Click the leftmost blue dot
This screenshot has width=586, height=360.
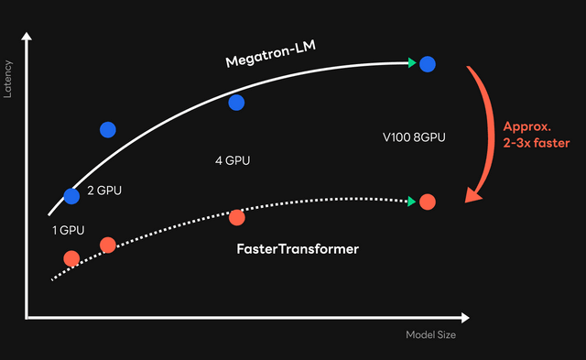(71, 195)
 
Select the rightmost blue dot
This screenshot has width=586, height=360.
(427, 63)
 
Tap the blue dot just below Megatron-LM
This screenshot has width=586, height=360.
(236, 102)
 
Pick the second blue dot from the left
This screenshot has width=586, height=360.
(108, 129)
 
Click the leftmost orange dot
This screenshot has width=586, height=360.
(71, 257)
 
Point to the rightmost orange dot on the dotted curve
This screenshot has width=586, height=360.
(427, 201)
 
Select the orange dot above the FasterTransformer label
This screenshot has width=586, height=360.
(236, 217)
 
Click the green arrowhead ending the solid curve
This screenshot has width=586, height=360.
(413, 63)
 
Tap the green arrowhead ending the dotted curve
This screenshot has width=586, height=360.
(413, 201)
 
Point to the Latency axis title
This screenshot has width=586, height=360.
(8, 81)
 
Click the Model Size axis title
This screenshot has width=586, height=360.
(430, 335)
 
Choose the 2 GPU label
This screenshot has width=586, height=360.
(104, 191)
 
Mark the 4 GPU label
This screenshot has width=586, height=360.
(233, 160)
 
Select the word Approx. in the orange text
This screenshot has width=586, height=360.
(523, 126)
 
